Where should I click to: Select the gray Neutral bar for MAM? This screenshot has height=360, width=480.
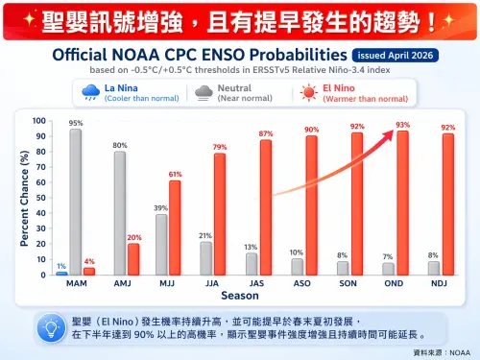click(x=75, y=203)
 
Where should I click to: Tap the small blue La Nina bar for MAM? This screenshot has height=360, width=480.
click(x=61, y=274)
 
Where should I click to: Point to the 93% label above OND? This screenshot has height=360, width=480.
click(x=402, y=125)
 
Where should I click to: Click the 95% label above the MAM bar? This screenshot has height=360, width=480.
click(x=75, y=124)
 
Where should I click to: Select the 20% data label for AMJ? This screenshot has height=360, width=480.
click(x=133, y=237)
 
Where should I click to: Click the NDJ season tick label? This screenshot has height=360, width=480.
click(x=439, y=285)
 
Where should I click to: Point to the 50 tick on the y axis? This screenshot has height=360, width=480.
click(x=39, y=199)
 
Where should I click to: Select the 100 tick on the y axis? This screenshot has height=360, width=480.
click(x=37, y=121)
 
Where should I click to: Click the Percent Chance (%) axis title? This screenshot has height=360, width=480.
click(x=23, y=198)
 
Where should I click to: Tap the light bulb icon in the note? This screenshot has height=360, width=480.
click(x=47, y=327)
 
